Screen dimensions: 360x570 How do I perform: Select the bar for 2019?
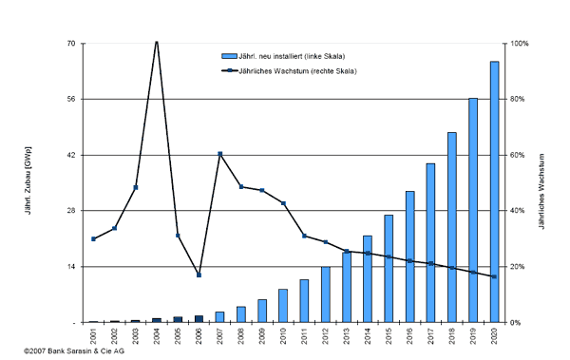coord(473,210)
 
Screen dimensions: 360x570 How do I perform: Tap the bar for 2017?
coord(431,243)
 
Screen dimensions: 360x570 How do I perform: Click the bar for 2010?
coord(283,306)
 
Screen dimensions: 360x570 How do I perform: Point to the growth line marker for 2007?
coord(219,154)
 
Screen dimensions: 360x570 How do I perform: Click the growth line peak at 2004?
coord(156,42)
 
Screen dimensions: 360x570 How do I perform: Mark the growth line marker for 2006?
coord(199,275)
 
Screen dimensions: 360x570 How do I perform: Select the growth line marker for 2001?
coord(93,239)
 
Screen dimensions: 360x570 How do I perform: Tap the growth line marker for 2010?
coord(283,203)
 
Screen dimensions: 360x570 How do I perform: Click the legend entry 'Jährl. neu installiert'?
coord(285,57)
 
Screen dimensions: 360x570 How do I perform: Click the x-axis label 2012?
coord(325,336)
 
